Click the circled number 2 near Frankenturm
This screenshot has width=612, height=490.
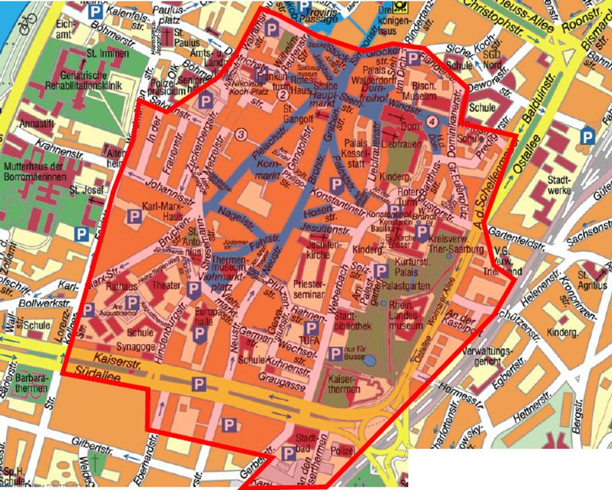283,95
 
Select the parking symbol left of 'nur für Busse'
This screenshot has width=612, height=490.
334,354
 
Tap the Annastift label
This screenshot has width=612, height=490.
37,124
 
